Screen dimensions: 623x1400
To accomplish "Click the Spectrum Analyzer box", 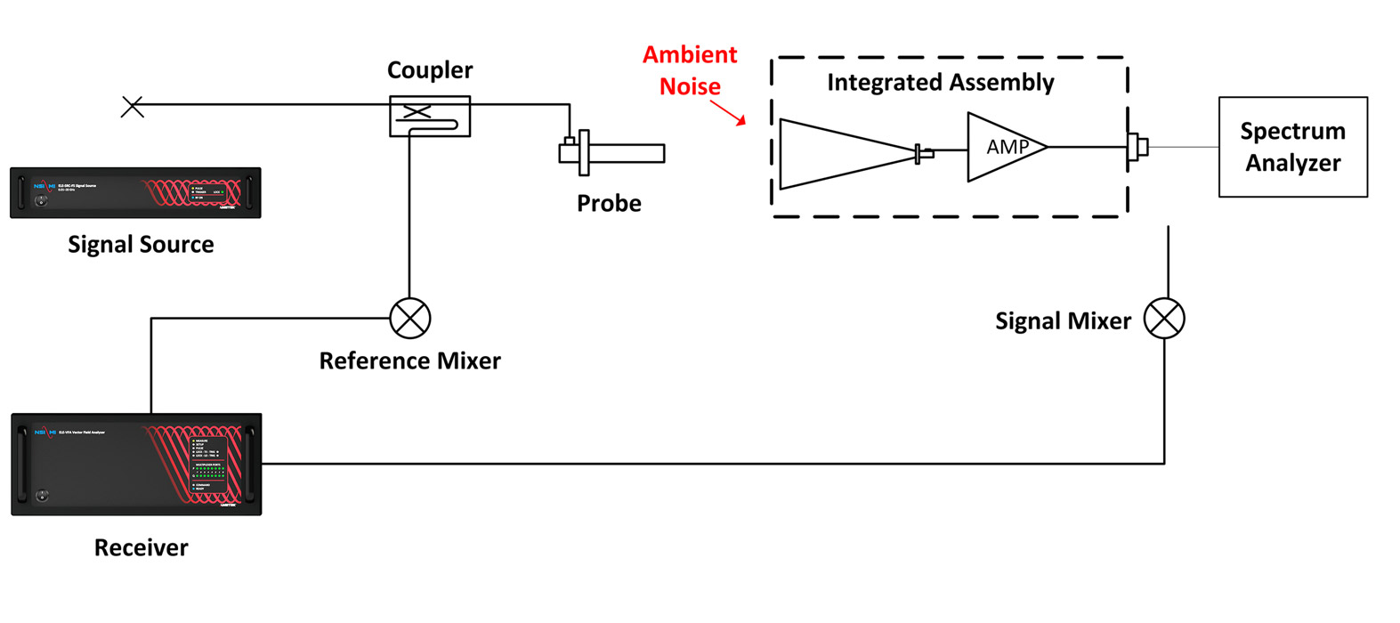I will click(x=1292, y=147).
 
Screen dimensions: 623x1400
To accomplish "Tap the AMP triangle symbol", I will click(x=1004, y=147).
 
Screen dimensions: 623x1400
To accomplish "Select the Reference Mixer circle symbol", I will click(x=410, y=318).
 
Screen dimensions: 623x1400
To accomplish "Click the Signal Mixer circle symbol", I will click(x=1164, y=318).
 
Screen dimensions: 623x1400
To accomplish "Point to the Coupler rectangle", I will click(x=430, y=117).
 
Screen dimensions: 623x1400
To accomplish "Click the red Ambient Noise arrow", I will click(x=728, y=112).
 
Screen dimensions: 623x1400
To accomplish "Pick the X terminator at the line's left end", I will click(x=133, y=107).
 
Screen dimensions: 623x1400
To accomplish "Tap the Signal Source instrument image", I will click(x=135, y=192).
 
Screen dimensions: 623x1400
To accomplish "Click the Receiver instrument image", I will click(x=136, y=464).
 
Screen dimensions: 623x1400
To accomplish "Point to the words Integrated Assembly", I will click(x=940, y=83).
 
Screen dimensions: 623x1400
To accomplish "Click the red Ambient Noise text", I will click(x=690, y=70).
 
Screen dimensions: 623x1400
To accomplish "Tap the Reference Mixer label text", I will click(x=409, y=360).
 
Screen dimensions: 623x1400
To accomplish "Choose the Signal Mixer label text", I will click(x=1063, y=321).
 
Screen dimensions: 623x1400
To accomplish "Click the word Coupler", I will click(x=430, y=70).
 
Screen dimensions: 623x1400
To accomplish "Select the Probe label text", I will click(x=609, y=204).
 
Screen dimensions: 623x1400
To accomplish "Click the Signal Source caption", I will click(x=141, y=245).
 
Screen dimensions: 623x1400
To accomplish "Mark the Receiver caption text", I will click(x=141, y=547).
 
